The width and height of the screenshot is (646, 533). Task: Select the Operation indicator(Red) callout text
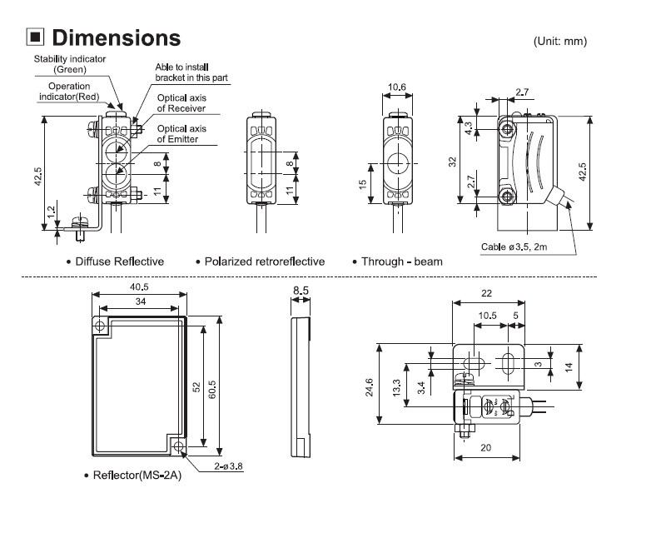pos(69,92)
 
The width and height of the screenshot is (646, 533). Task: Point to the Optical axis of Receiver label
pos(187,102)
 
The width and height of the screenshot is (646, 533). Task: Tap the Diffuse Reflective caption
pos(120,262)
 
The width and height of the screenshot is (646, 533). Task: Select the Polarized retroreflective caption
pos(265,262)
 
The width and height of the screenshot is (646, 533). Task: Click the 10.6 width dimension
pos(398,87)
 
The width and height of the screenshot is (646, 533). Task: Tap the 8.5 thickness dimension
pos(301,291)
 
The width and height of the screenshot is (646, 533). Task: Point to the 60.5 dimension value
pos(217,380)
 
